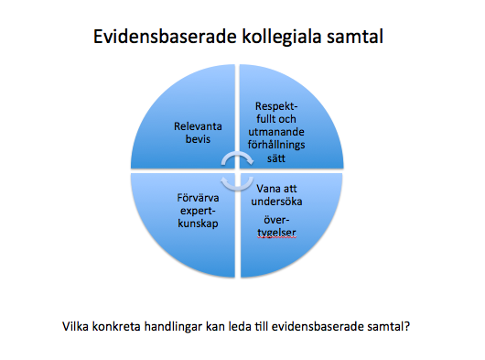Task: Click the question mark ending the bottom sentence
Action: coord(405,324)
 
